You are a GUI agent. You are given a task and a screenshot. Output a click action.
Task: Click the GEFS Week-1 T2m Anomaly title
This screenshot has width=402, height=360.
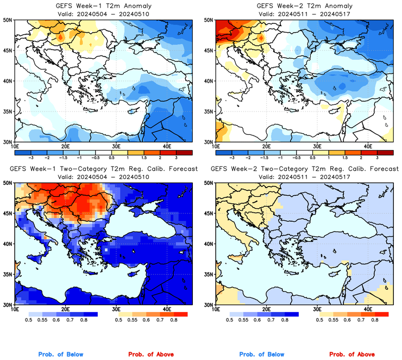pyautogui.click(x=103, y=6)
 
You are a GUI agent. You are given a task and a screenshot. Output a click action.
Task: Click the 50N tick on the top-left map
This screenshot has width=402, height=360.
pyautogui.click(x=7, y=20)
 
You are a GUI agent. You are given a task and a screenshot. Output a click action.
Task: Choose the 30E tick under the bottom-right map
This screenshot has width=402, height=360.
pyautogui.click(x=317, y=309)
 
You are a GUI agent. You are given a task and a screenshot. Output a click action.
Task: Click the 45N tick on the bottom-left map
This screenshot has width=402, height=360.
pyautogui.click(x=7, y=213)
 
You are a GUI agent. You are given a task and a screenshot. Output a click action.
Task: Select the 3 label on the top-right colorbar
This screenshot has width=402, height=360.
pyautogui.click(x=377, y=156)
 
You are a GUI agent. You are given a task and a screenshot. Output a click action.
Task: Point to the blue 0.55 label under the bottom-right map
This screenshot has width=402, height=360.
pyautogui.click(x=243, y=321)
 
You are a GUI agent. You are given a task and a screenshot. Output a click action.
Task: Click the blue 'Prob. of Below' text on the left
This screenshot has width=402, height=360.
pyautogui.click(x=60, y=355)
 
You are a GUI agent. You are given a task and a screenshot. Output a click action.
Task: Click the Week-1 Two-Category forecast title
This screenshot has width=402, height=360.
pyautogui.click(x=103, y=169)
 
